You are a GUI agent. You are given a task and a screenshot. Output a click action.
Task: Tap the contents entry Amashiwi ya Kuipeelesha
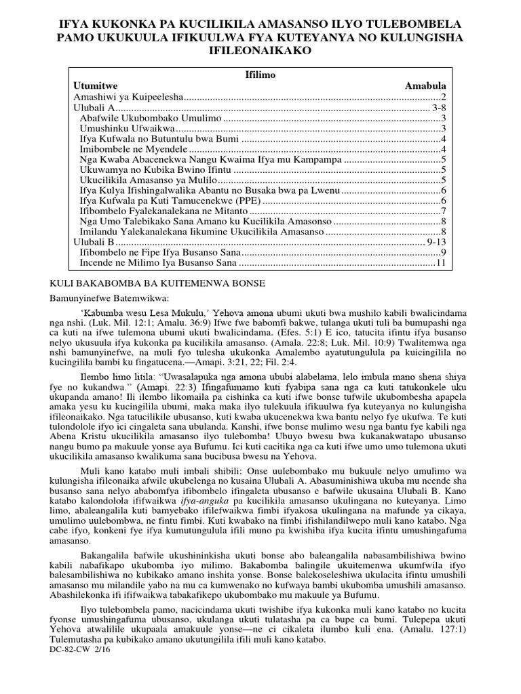[x=129, y=97]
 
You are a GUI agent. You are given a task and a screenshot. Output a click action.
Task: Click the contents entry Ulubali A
[x=94, y=107]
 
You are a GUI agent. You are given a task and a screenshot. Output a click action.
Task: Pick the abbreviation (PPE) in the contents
[x=248, y=201]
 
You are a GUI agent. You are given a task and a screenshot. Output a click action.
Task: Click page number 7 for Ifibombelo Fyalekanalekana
[x=442, y=211]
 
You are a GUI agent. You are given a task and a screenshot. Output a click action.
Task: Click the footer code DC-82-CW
[x=71, y=649]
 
